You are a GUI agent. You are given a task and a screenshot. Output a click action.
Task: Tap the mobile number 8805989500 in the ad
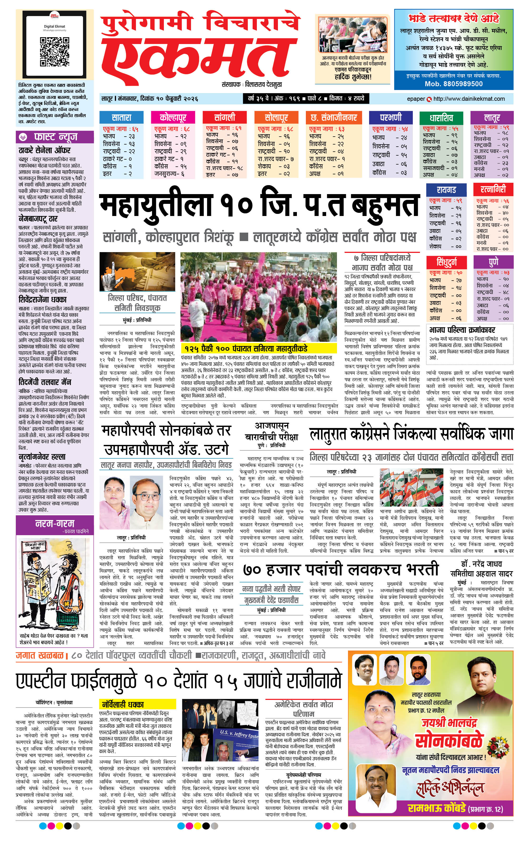[x=454, y=84]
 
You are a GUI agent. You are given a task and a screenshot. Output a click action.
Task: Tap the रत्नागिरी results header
[x=493, y=190]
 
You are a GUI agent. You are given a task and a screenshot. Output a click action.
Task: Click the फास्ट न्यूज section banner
[x=55, y=137]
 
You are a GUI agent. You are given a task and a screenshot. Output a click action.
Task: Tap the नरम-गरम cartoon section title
[x=55, y=523]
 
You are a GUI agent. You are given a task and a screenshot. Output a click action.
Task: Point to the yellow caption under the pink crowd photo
[x=258, y=348]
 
